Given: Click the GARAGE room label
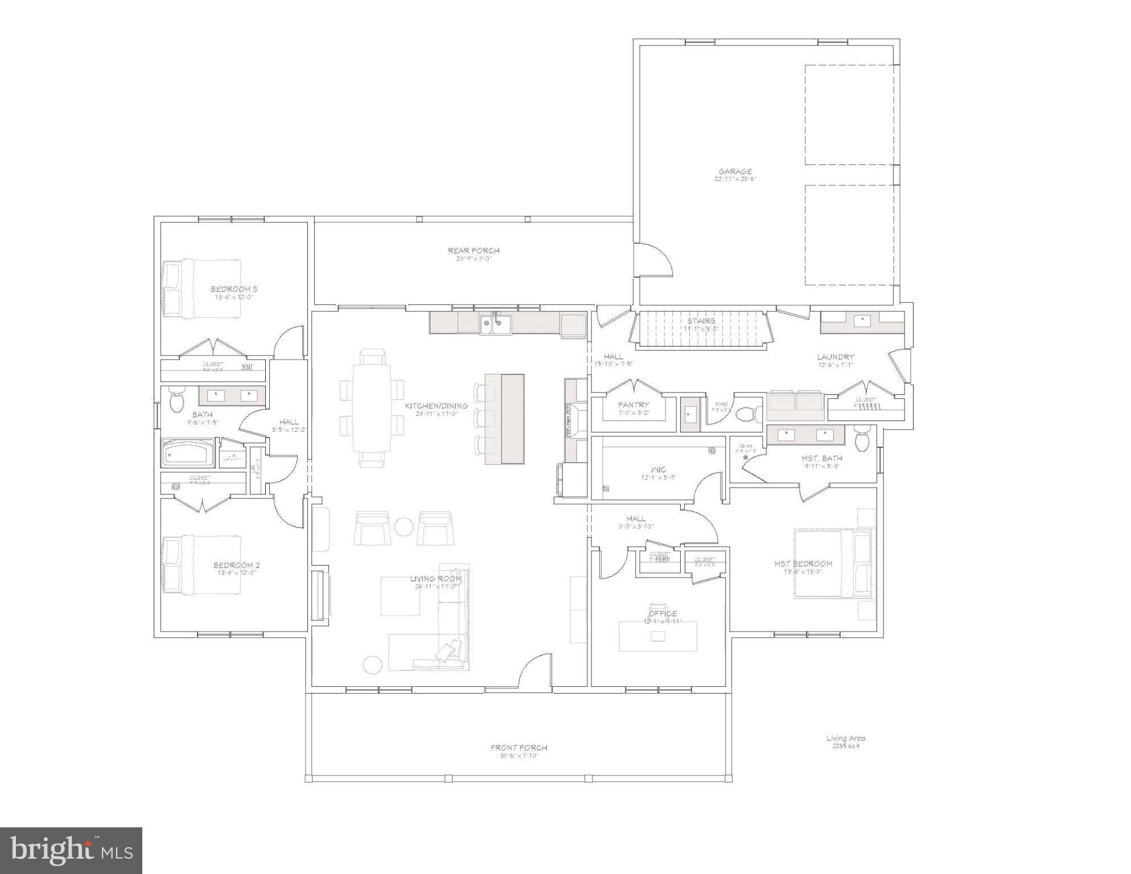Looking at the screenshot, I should tap(735, 171).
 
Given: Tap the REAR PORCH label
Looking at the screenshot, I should tap(474, 250).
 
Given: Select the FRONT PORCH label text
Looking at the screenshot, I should tap(519, 748).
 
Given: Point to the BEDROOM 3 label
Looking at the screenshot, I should tap(234, 289).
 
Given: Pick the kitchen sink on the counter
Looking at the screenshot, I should tap(495, 324).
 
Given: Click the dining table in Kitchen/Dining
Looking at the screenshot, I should tap(372, 407).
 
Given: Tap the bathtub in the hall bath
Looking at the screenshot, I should tap(188, 453).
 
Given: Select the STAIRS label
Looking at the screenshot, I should tap(701, 321).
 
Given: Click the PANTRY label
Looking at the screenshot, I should tap(634, 405).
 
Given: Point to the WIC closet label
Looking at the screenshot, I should tap(659, 470).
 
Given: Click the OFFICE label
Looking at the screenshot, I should tap(663, 613).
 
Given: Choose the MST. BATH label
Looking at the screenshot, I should tap(822, 458).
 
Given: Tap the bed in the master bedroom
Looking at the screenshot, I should tap(833, 564).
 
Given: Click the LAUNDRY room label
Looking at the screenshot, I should tap(836, 357).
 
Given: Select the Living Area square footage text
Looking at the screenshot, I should tap(846, 742).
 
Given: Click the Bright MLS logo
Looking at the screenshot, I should tap(71, 850).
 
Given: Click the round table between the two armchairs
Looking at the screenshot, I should tap(404, 527).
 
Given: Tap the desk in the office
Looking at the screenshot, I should tap(658, 636).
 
